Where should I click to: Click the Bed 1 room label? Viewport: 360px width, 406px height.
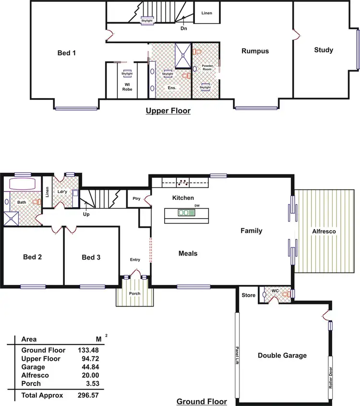67,53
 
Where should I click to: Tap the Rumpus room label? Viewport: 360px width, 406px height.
255,51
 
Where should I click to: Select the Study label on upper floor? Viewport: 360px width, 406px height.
324,50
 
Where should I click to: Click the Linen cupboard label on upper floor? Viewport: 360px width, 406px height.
206,13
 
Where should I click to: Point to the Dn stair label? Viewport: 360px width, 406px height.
183,29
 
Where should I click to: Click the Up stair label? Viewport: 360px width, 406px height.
86,214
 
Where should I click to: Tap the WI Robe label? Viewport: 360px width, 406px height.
127,86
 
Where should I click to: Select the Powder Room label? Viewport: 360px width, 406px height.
207,67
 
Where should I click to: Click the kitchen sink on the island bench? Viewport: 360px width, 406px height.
183,212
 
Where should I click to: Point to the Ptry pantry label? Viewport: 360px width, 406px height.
136,198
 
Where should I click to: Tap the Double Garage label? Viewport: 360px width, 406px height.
282,356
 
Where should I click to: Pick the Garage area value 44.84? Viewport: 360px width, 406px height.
88,367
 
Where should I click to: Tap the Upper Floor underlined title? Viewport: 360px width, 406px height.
168,111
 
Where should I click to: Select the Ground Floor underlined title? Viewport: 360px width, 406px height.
202,401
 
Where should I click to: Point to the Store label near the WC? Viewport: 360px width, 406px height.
248,295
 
